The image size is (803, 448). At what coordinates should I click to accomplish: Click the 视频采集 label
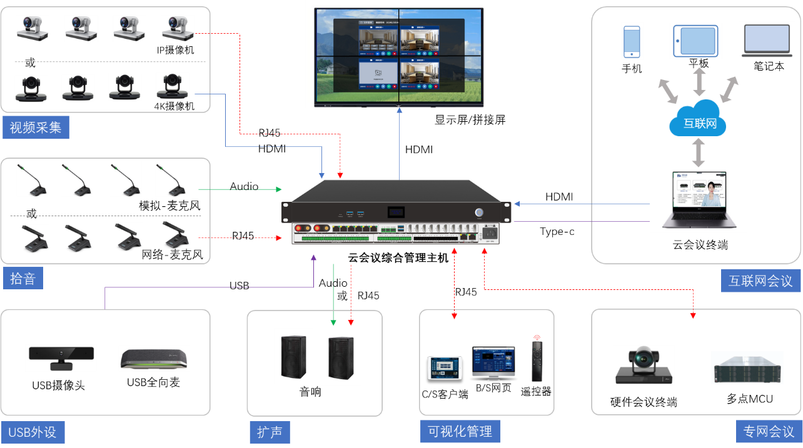[35, 128]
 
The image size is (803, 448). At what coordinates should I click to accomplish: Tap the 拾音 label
[23, 279]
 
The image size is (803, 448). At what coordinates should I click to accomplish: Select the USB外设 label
[33, 432]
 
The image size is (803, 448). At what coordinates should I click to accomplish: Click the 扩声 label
[270, 432]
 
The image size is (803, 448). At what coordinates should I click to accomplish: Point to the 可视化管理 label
[460, 431]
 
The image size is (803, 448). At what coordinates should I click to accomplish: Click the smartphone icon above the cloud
[632, 41]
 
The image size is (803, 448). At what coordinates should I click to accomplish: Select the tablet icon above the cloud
[695, 41]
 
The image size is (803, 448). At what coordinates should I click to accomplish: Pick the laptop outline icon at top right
[768, 41]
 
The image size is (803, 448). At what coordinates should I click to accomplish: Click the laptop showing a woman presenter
[698, 200]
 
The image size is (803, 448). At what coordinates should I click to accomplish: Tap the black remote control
[536, 359]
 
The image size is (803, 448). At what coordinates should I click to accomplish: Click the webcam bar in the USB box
[61, 357]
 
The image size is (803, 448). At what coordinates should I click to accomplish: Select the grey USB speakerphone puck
[154, 358]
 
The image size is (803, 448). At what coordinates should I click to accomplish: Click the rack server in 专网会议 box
[747, 367]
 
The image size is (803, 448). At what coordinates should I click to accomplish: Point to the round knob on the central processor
[480, 212]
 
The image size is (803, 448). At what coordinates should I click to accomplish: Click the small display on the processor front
[395, 212]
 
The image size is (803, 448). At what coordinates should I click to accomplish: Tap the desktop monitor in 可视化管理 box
[493, 362]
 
